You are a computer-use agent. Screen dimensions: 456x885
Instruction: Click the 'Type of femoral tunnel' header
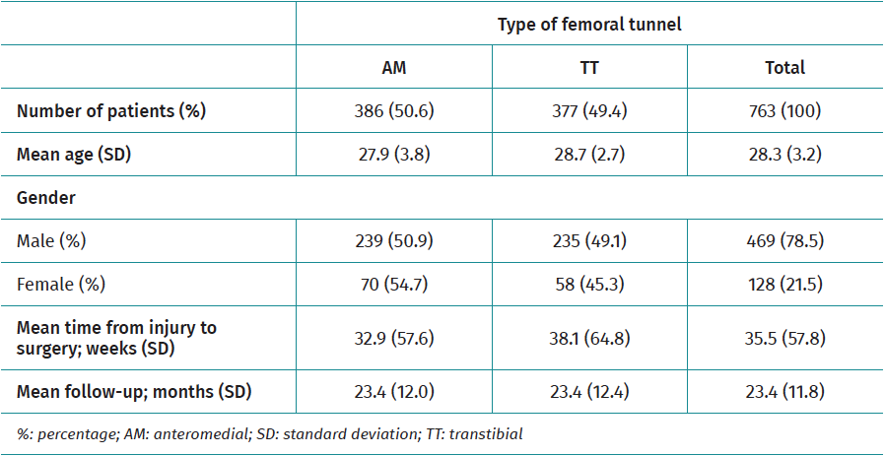click(589, 25)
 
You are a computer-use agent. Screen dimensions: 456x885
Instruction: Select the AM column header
click(393, 68)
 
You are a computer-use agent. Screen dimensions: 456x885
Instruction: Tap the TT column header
click(589, 68)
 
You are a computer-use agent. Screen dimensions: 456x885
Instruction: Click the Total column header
click(784, 68)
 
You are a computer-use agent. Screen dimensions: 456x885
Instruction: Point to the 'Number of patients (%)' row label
click(111, 111)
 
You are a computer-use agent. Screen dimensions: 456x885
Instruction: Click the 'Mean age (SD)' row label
click(78, 155)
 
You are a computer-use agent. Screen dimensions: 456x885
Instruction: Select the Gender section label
click(46, 198)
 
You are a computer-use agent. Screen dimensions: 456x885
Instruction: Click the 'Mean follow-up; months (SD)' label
click(134, 392)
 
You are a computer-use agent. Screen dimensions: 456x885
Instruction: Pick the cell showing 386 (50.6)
click(393, 111)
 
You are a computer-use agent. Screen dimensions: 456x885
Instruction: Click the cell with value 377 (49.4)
click(589, 111)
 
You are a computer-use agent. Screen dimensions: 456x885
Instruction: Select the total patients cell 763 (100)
click(784, 111)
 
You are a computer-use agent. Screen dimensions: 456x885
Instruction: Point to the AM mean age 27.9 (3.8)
click(393, 155)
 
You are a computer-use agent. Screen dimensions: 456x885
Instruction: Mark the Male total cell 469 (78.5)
click(784, 241)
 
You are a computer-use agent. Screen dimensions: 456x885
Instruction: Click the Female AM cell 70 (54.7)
click(393, 285)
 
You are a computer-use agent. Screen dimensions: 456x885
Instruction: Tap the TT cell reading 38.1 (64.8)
click(589, 338)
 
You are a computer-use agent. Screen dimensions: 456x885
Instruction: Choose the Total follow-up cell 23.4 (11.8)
click(784, 392)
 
